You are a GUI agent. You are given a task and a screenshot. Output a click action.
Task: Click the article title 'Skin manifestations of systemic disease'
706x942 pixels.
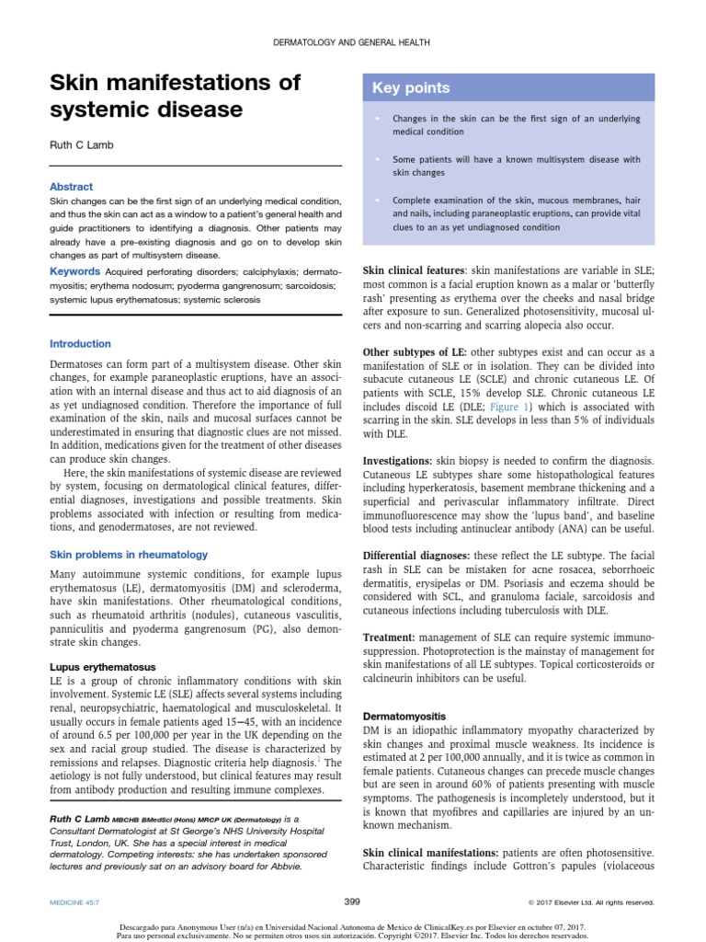175,97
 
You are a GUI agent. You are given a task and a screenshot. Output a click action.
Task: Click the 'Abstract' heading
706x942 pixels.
71,187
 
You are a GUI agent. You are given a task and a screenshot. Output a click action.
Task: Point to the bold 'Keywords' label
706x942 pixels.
74,271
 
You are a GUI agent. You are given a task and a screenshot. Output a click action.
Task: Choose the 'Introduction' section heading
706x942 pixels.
80,344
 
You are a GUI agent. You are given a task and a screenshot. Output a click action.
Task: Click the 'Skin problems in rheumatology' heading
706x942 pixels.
129,555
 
